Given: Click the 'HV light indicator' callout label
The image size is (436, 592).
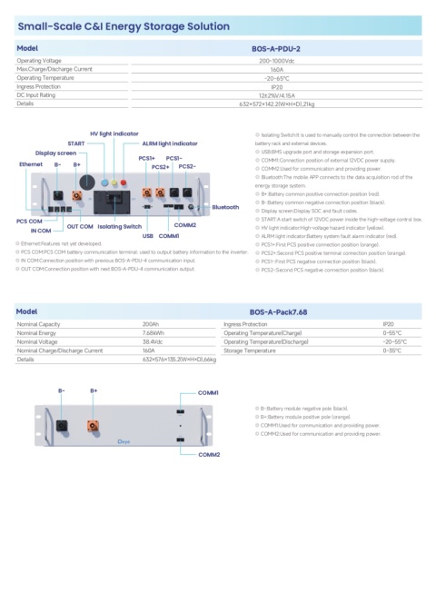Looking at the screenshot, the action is (x=114, y=133).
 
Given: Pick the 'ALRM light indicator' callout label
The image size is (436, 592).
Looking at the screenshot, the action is (x=170, y=143).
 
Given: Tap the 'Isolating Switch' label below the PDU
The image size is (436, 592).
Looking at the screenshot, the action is (x=119, y=225).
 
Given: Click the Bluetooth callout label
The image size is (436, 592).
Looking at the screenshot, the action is (x=225, y=207).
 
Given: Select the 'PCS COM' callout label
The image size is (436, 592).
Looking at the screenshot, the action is (x=30, y=221).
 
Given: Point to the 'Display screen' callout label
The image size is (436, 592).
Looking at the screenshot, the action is (x=56, y=153).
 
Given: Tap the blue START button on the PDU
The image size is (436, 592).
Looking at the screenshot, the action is (x=105, y=183).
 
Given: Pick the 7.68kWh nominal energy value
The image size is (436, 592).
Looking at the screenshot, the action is (x=155, y=332).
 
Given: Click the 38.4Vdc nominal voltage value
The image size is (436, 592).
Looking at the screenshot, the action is (x=155, y=340).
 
